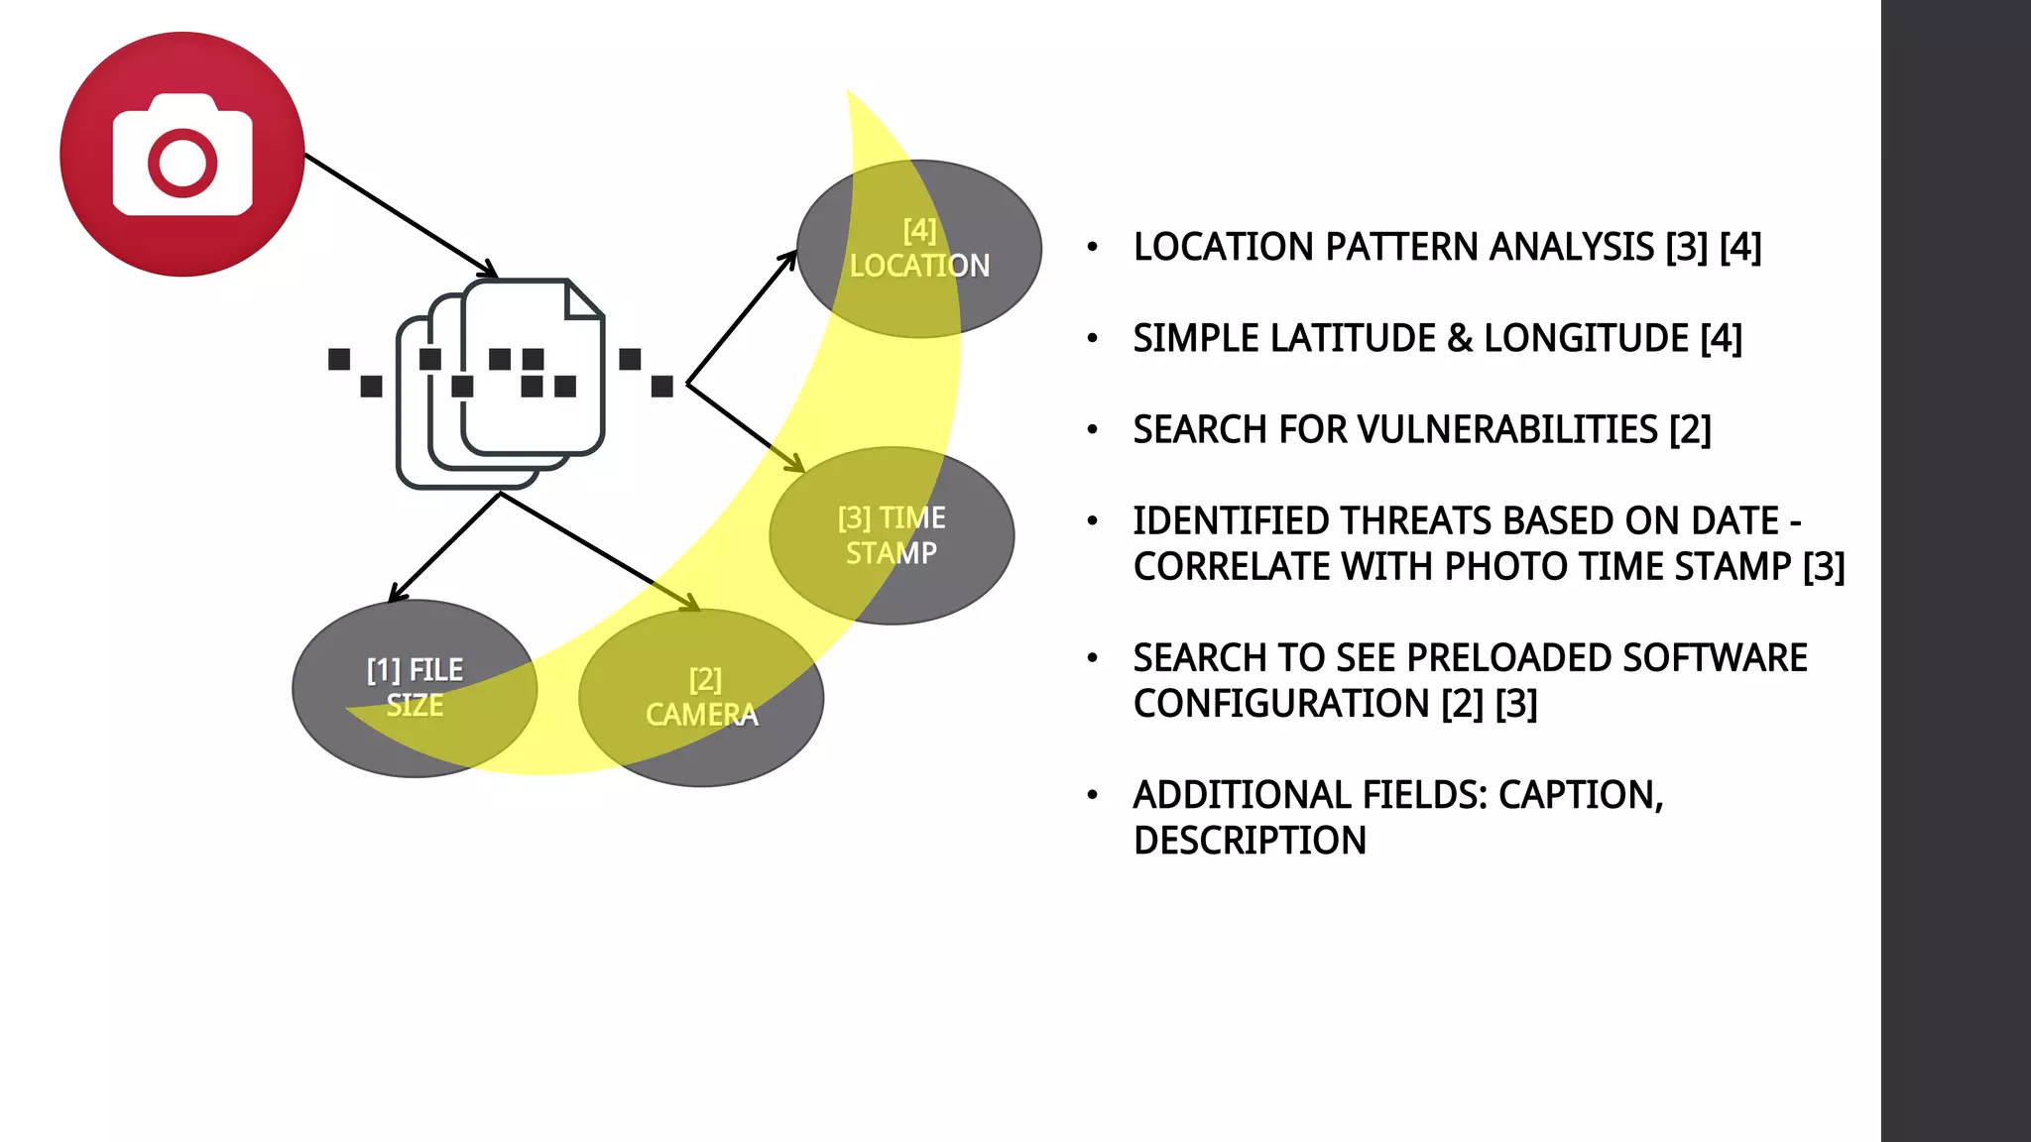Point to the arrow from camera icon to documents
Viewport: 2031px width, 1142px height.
click(397, 214)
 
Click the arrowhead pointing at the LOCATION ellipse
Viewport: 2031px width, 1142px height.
click(788, 261)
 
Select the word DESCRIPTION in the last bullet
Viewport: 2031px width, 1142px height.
click(1250, 841)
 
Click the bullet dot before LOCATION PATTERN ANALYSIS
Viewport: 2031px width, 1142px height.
click(1093, 248)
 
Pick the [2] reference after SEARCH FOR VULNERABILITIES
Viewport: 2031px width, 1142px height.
click(1690, 430)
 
